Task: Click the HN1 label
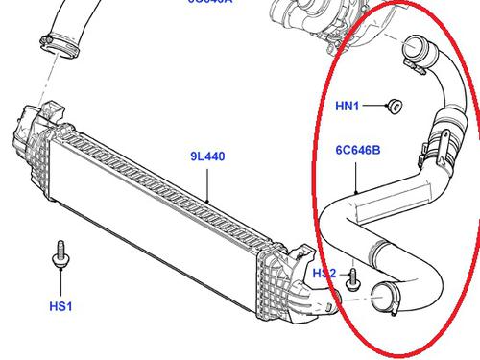347,108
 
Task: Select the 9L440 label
206,156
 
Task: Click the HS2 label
324,274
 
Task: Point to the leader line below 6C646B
356,177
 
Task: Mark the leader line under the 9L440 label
208,182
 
